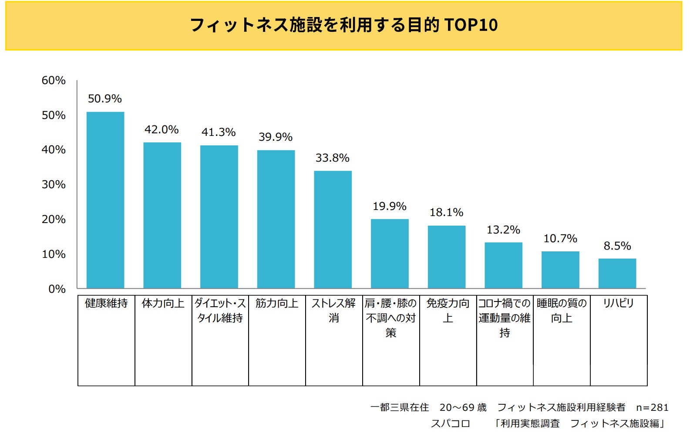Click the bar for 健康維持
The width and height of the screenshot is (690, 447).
[105, 200]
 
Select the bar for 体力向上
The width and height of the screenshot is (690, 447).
[162, 215]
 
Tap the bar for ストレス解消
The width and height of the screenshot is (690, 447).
[333, 230]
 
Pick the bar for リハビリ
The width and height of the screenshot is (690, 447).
[617, 273]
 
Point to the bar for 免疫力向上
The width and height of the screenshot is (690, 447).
[447, 257]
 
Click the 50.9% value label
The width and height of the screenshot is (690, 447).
[105, 99]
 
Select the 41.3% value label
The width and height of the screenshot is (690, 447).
[219, 132]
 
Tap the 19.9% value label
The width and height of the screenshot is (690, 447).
[390, 206]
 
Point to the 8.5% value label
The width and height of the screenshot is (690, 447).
[617, 246]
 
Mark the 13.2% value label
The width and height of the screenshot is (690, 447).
[504, 230]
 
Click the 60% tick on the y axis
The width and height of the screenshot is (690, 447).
[54, 81]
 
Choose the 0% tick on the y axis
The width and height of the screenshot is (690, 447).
[57, 289]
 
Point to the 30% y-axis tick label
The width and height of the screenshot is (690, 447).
[54, 185]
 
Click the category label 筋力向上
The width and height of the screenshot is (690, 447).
[277, 303]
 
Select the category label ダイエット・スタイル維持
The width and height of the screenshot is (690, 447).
[220, 311]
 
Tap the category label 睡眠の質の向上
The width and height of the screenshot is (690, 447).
[562, 311]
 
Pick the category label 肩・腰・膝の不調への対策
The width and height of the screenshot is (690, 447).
[391, 318]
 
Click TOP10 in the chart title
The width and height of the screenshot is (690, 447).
[471, 25]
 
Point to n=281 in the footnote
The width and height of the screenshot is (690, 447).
[652, 408]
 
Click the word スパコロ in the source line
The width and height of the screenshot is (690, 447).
[451, 423]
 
